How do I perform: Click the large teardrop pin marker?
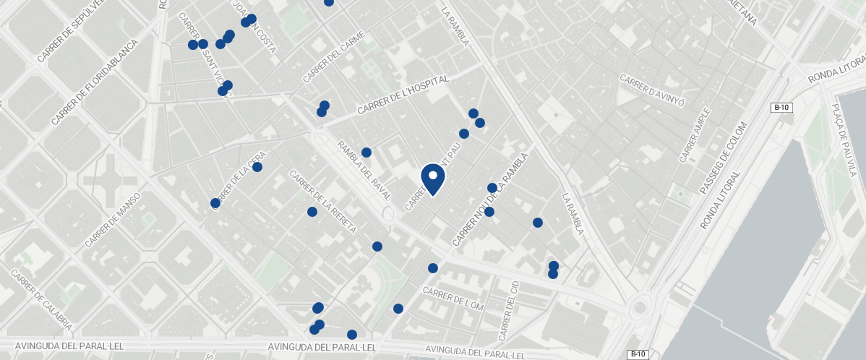pyautogui.click(x=432, y=178)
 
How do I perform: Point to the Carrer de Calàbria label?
pyautogui.click(x=41, y=299)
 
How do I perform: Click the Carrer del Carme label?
pyautogui.click(x=334, y=57)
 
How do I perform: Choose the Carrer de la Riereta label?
pyautogui.click(x=322, y=202)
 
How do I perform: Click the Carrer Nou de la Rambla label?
pyautogui.click(x=491, y=199)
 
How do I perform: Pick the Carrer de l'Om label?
pyautogui.click(x=453, y=299)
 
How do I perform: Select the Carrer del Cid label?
pyautogui.click(x=508, y=310)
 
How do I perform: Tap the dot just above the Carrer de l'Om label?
pyautogui.click(x=433, y=268)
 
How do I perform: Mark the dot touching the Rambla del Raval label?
pyautogui.click(x=366, y=153)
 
